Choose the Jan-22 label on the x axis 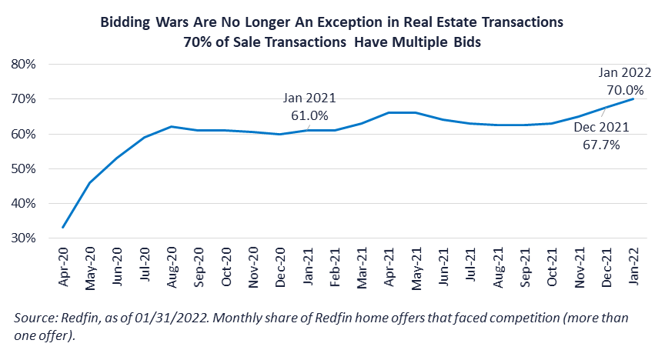pyautogui.click(x=633, y=265)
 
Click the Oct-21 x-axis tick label pyautogui.click(x=552, y=265)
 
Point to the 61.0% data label pyautogui.click(x=310, y=116)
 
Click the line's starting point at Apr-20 pyautogui.click(x=63, y=228)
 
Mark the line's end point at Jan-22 pyautogui.click(x=633, y=98)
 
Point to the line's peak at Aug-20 pyautogui.click(x=172, y=126)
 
